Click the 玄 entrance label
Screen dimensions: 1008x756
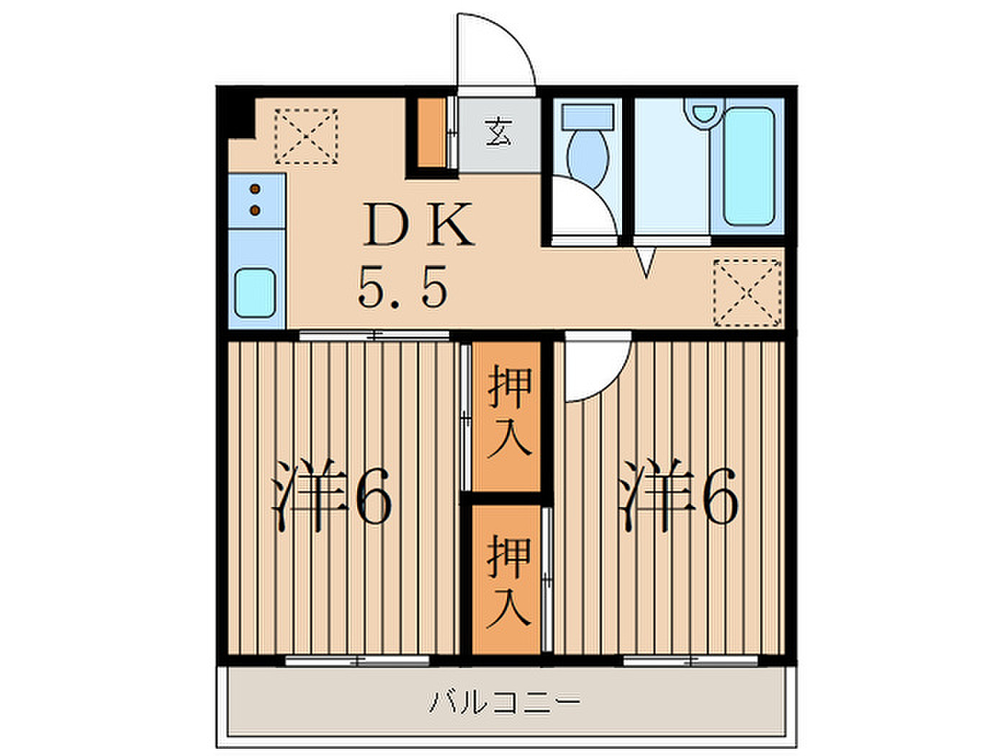click(499, 132)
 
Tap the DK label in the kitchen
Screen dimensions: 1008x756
click(418, 225)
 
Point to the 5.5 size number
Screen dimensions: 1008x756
click(402, 287)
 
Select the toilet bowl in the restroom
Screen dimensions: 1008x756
click(588, 158)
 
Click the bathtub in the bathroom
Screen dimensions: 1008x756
click(749, 166)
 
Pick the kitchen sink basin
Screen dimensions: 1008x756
click(256, 293)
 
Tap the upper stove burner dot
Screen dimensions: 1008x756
click(256, 189)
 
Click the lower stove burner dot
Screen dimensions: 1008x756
click(256, 211)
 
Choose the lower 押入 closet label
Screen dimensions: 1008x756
click(509, 581)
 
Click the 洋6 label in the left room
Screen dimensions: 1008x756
click(332, 495)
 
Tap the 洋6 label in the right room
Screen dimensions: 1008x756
click(679, 495)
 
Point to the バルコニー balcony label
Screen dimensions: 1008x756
click(505, 702)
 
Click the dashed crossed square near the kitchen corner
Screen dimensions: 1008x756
click(306, 136)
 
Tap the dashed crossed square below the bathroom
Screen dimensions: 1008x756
click(747, 293)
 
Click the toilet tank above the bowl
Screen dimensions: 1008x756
click(588, 117)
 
